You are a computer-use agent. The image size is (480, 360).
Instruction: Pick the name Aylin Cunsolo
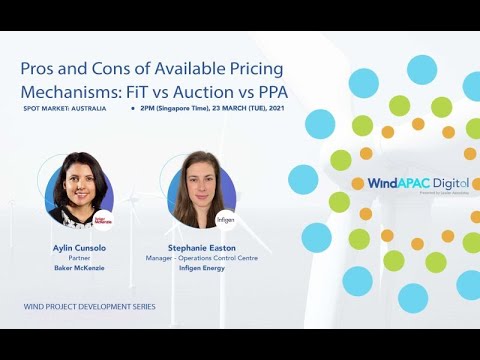pyautogui.click(x=80, y=245)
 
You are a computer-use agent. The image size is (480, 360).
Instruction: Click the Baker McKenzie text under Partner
pyautogui.click(x=80, y=267)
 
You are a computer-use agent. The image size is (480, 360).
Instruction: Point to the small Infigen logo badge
pyautogui.click(x=226, y=216)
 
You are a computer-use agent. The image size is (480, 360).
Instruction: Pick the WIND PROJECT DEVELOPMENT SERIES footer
pyautogui.click(x=89, y=306)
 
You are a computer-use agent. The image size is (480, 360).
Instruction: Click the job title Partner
pyautogui.click(x=80, y=256)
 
